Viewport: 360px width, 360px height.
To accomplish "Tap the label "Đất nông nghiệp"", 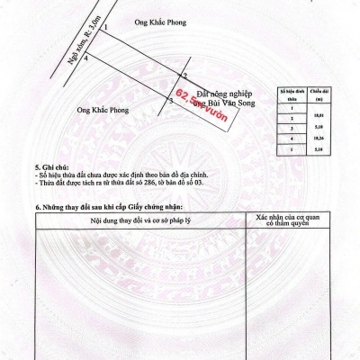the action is coord(222,93).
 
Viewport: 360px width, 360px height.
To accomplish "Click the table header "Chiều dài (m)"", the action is coord(317,94).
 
